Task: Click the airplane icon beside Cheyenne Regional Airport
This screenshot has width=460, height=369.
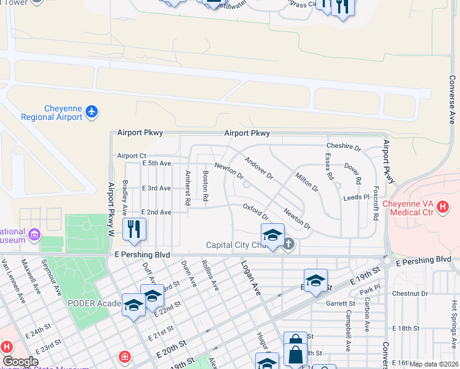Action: [92, 112]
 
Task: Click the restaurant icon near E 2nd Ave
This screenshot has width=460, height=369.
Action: [133, 229]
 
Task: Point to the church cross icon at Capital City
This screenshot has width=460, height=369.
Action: [288, 245]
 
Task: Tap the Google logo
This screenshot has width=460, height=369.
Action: [20, 362]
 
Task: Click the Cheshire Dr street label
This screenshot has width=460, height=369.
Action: [343, 147]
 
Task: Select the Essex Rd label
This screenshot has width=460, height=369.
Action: [329, 167]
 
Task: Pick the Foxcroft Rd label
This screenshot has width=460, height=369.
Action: [375, 202]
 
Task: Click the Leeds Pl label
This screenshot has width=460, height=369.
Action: [355, 197]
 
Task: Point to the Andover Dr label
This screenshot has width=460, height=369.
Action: [258, 168]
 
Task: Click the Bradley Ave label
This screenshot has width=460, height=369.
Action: [125, 193]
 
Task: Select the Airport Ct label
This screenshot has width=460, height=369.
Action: [132, 156]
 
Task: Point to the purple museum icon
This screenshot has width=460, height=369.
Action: [34, 234]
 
